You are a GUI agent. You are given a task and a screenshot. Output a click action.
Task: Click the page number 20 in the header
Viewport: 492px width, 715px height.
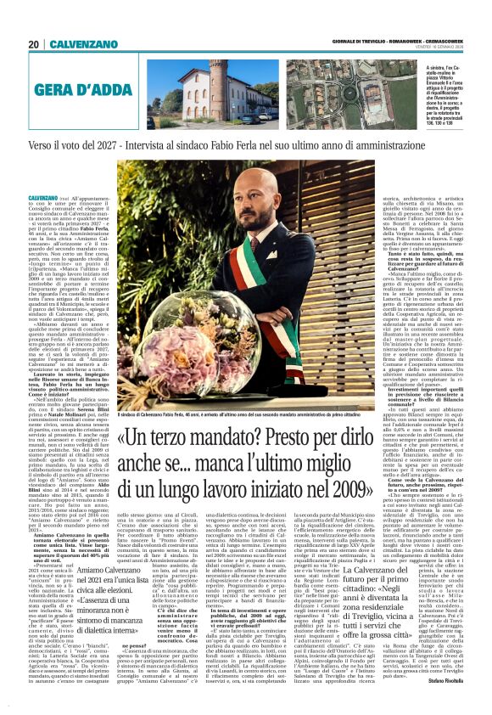35,45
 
